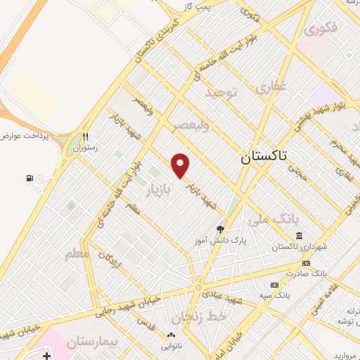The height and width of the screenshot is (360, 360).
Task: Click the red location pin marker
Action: [181, 165]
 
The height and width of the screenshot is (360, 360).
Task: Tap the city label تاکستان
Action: [265, 157]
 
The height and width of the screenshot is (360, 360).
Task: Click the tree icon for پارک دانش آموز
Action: [220, 229]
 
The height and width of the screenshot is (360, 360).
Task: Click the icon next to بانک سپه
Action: [274, 284]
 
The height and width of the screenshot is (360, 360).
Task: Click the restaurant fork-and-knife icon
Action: [86, 137]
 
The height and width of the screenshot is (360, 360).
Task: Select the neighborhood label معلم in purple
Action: [77, 253]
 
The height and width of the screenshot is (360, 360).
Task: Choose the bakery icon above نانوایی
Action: [171, 335]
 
